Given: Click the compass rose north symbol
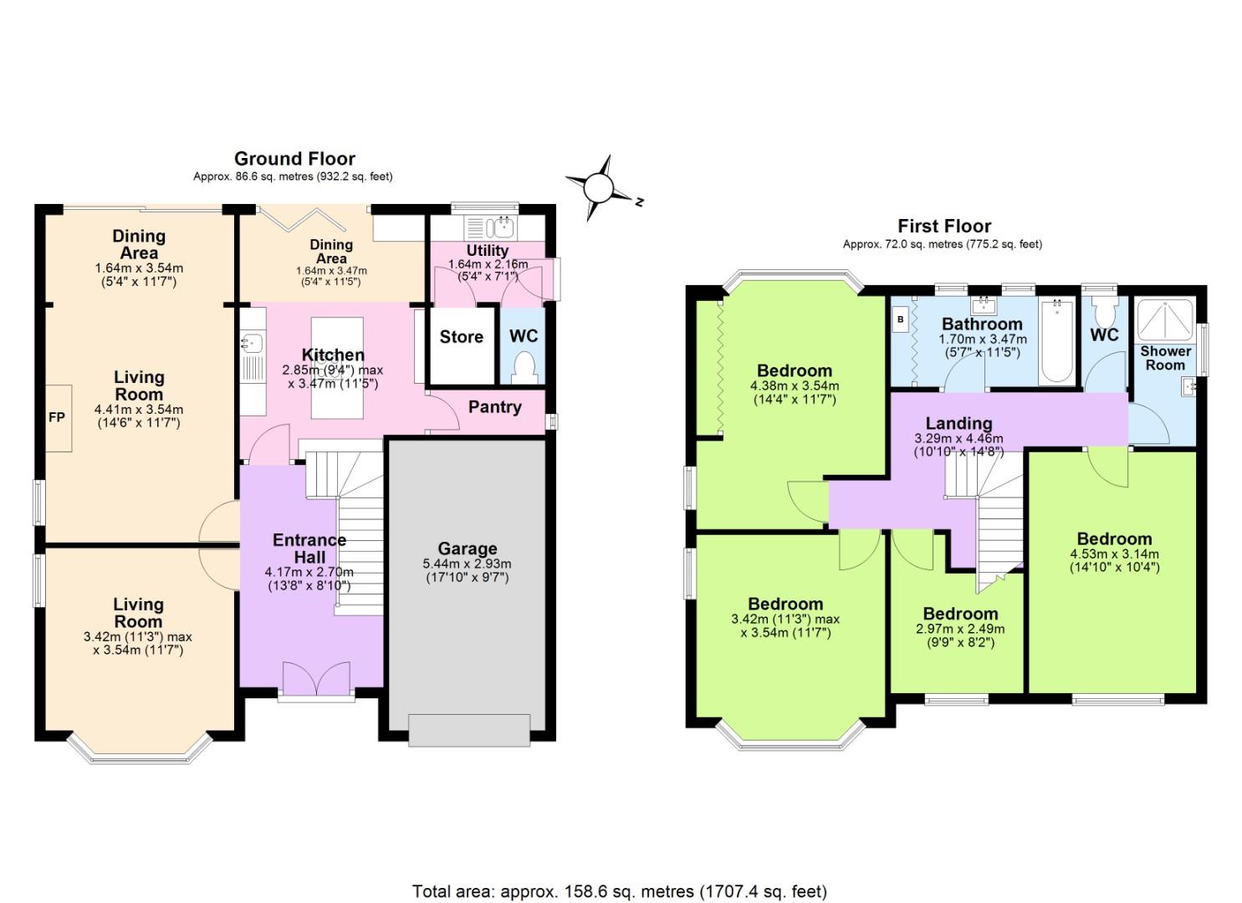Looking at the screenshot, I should click(600, 187).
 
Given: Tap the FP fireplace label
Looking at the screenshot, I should click(56, 417).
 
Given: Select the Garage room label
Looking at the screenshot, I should click(467, 548).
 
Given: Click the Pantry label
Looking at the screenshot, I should click(494, 407).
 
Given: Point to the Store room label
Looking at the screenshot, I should click(461, 337).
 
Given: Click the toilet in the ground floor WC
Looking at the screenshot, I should click(524, 366).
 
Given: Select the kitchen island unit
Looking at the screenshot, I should click(337, 368).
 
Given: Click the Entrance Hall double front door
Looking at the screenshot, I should click(316, 678).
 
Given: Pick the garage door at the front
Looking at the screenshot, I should click(468, 729).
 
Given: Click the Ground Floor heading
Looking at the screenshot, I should click(294, 159).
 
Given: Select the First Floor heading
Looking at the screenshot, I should click(944, 226).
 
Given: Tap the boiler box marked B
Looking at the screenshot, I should click(901, 319).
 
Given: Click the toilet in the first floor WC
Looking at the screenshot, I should click(1104, 314).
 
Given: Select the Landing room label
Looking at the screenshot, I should click(958, 423).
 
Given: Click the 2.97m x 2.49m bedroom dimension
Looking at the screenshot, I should click(960, 629).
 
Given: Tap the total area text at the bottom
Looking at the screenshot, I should click(619, 890).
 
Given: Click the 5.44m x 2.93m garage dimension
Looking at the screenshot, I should click(467, 564).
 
